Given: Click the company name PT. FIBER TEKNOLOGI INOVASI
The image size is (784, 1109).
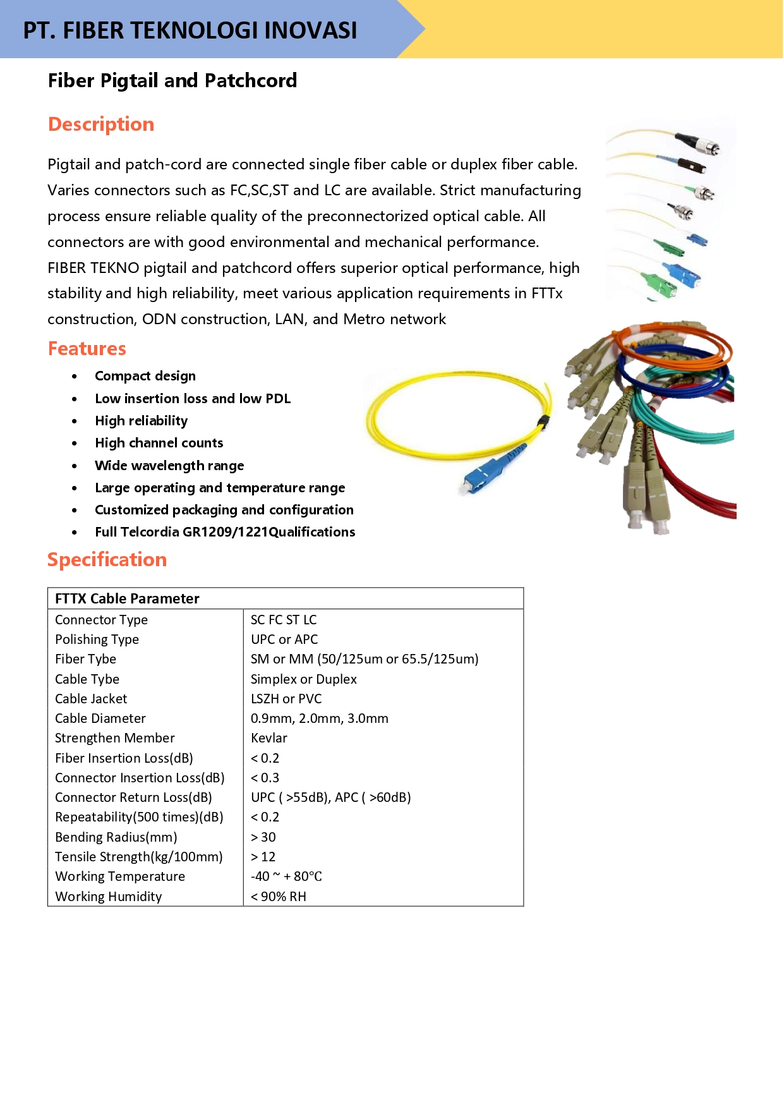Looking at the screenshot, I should tap(190, 30).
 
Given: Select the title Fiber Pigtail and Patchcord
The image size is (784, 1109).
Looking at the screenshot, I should tap(172, 81).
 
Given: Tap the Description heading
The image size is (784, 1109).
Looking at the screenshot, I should tap(101, 124).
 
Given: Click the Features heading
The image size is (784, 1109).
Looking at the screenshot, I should tap(87, 349).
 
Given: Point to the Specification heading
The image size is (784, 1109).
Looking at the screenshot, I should tap(107, 560).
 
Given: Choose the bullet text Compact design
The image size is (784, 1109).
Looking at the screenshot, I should tap(145, 376).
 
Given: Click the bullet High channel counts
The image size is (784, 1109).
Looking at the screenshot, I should tap(159, 443).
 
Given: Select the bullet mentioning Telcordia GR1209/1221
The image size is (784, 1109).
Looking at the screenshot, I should tap(225, 532).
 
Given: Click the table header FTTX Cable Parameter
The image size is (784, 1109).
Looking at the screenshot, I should tap(127, 598).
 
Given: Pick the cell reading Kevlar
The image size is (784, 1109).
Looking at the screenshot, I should tap(269, 738).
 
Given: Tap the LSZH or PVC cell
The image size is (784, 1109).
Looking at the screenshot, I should tap(286, 699).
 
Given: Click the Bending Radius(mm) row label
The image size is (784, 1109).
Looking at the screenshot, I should tap(116, 837).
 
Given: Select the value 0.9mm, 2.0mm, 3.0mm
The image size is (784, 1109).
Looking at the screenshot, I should tap(319, 718).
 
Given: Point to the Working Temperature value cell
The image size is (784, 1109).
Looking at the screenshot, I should tap(286, 876).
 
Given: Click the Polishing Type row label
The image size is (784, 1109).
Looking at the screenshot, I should tap(97, 639).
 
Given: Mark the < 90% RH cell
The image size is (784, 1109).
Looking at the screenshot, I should tap(279, 897).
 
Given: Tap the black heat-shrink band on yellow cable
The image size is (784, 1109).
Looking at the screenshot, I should tap(541, 421).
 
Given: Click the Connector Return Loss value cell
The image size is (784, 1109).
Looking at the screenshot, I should tap(330, 797).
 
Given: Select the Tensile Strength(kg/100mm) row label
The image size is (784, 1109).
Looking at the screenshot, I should tap(138, 857).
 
